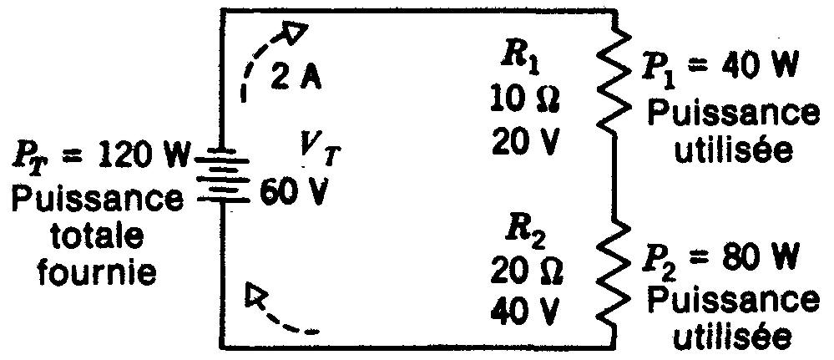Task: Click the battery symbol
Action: click(222, 180)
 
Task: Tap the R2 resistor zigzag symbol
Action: click(616, 273)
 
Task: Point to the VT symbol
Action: click(319, 152)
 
